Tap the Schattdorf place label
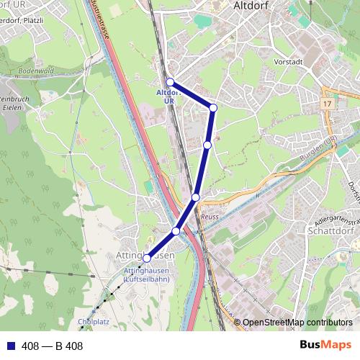click(330, 233)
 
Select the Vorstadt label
click(289, 61)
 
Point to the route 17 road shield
click(328, 104)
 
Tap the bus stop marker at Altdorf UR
click(171, 82)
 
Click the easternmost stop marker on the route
click(213, 108)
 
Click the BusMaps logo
click(325, 346)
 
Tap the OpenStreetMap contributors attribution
click(297, 322)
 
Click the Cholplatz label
click(92, 321)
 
